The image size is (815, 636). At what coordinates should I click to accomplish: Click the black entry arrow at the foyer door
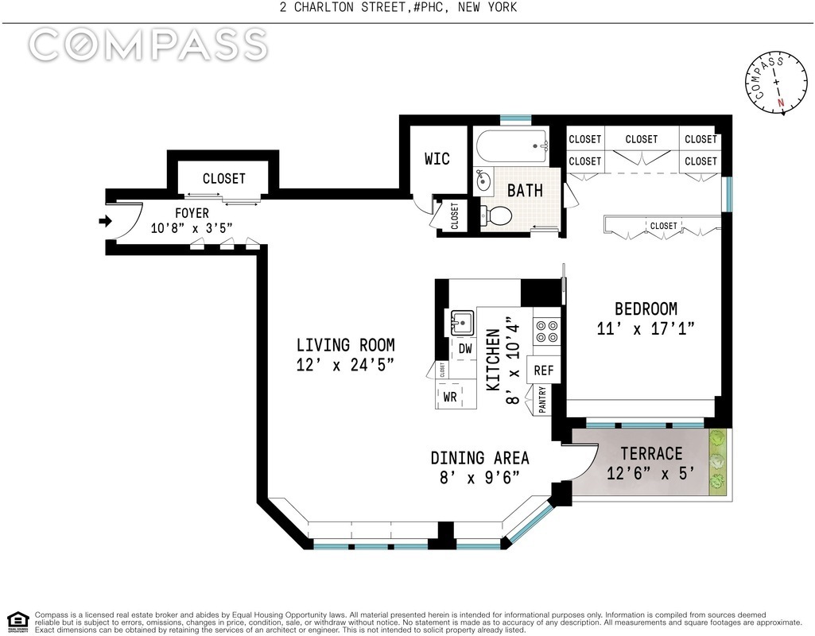coord(105,221)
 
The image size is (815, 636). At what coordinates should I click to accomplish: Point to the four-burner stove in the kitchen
coord(546,332)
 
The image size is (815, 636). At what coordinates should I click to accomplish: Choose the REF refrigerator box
coord(544,370)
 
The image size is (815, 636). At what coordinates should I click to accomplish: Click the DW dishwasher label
coord(465,349)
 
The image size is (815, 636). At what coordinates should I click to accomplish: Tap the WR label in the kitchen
coord(450,397)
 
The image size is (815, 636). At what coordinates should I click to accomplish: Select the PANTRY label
coord(542,400)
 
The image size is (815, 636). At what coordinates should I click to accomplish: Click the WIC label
coord(437,158)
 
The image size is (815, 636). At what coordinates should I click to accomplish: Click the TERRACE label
coord(651,454)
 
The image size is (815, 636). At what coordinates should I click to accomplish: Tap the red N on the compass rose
coord(780,103)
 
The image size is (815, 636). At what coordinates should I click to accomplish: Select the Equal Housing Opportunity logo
coord(17,622)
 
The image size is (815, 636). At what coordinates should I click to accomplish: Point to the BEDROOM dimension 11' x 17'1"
coord(646,328)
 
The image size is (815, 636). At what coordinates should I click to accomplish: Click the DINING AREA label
coord(479,458)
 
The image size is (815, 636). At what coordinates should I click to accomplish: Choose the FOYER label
coord(192,213)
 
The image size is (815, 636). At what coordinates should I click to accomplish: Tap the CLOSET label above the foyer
coord(223,178)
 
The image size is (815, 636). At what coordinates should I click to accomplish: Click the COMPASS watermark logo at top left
coord(148,45)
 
